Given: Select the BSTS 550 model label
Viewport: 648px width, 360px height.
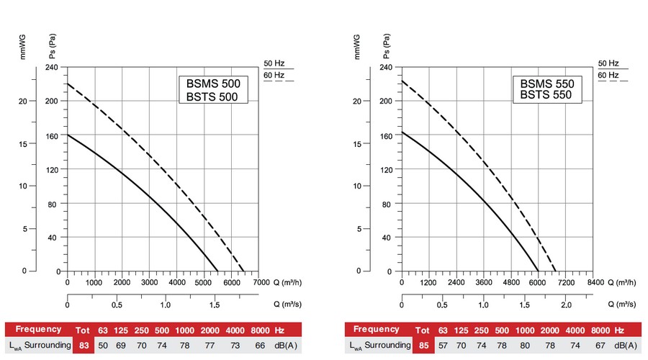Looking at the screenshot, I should click(546, 94).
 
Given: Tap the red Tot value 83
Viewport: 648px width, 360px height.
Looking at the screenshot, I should click(84, 345).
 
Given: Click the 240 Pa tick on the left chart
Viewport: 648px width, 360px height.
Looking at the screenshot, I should click(53, 67).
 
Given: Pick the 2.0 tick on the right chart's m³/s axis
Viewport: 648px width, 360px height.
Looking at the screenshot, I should click(567, 305).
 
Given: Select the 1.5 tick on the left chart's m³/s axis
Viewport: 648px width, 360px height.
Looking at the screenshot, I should click(215, 305).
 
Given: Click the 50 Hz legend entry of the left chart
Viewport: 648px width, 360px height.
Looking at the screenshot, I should click(274, 63).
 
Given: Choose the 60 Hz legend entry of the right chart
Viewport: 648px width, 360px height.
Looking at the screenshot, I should click(608, 75).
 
